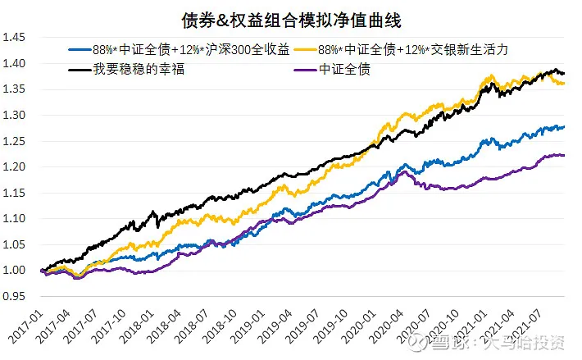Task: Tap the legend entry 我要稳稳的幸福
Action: point(131,68)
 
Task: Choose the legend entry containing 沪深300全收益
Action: point(181,49)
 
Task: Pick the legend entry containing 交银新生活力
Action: point(426,49)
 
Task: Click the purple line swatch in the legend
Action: point(304,69)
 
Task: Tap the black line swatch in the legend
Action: point(80,69)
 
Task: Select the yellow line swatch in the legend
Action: point(316,50)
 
